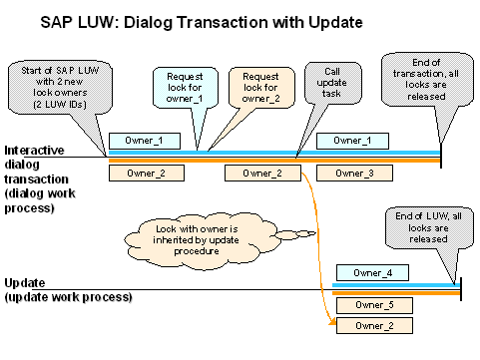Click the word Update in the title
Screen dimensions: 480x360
[335, 23]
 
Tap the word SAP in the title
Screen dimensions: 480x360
[57, 23]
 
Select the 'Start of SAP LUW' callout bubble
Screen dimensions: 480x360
[60, 88]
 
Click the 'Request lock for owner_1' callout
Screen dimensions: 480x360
[186, 88]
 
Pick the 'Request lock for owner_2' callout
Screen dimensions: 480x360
[261, 88]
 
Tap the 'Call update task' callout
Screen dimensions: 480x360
[333, 83]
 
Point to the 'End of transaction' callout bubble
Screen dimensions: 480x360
[427, 80]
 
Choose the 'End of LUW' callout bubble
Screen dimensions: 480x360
[429, 228]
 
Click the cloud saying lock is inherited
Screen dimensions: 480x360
[197, 240]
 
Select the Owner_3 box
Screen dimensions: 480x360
[354, 174]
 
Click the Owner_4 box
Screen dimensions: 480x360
[372, 273]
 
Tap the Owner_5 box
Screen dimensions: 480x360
[374, 305]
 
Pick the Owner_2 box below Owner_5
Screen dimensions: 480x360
[374, 326]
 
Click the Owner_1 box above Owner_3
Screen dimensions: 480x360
[352, 141]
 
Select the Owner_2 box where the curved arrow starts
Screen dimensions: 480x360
[262, 174]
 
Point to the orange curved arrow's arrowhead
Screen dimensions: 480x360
[332, 321]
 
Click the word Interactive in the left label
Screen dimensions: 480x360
[34, 151]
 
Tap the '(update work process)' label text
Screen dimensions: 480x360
[69, 297]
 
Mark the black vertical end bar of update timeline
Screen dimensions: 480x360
[461, 289]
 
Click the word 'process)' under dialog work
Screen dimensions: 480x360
[29, 208]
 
